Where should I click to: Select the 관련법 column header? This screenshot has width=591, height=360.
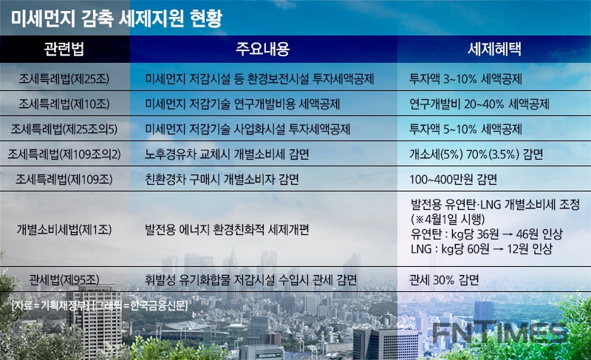coord(64,50)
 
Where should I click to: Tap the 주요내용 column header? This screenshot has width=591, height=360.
coord(263,50)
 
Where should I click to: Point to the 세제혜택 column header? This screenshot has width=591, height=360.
coord(493,50)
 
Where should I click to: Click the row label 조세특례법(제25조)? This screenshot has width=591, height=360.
coord(64,78)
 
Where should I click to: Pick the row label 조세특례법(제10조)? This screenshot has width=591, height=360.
coord(64,103)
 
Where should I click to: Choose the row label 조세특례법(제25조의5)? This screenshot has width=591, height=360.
coord(64,129)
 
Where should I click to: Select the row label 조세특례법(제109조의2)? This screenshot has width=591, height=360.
coord(64,154)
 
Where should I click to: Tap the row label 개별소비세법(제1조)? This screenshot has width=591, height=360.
coord(64,229)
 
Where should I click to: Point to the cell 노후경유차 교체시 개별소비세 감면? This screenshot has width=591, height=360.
coord(228,154)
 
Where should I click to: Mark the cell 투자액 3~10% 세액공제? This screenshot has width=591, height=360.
coord(467,78)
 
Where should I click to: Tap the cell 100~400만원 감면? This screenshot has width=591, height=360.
coord(453,180)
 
